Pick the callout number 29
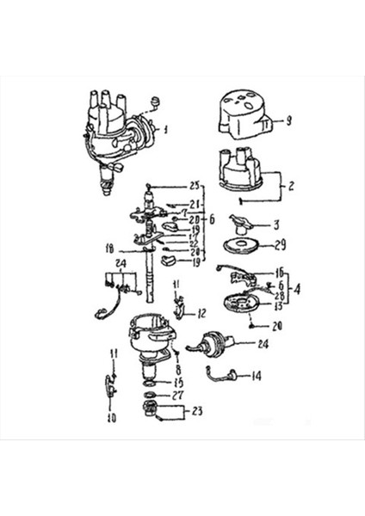pyautogui.click(x=279, y=246)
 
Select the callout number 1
pyautogui.click(x=166, y=130)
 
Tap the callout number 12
pyautogui.click(x=200, y=313)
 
